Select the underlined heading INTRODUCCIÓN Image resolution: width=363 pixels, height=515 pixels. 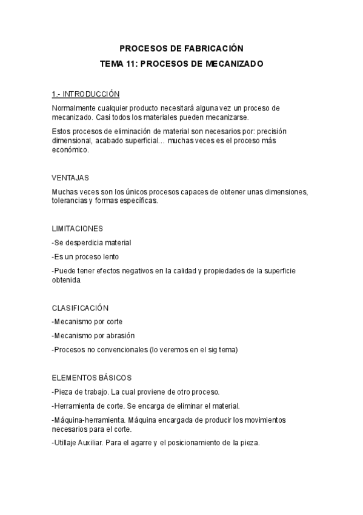point(91,94)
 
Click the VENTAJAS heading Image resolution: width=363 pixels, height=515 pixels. point(71,178)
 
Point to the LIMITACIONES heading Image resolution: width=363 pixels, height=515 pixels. point(78,228)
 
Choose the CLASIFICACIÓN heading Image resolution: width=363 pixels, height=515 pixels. point(81,308)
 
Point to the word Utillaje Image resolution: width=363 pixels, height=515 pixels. point(68,443)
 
